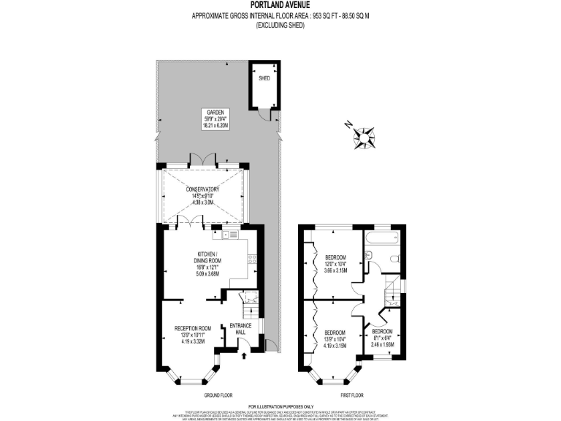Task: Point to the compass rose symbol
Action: (x=363, y=135)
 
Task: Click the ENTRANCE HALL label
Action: (x=241, y=328)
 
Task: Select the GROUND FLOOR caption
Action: (x=218, y=394)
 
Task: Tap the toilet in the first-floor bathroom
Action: (x=393, y=258)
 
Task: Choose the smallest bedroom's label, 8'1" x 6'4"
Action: (x=383, y=337)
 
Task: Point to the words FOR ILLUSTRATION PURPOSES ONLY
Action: (x=280, y=406)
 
